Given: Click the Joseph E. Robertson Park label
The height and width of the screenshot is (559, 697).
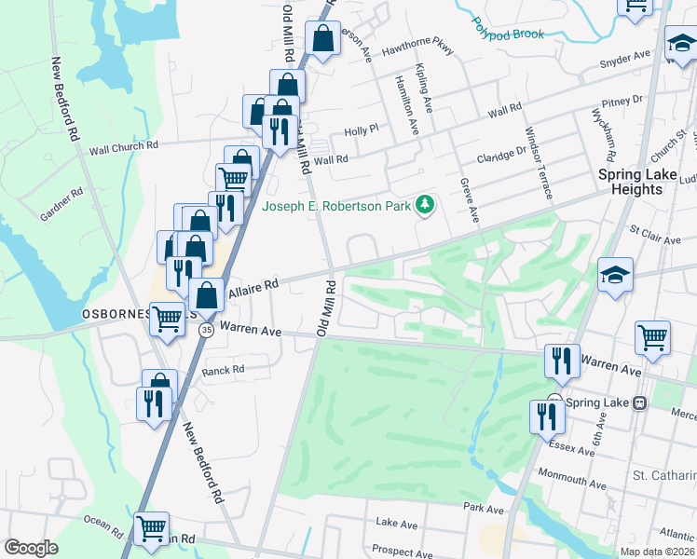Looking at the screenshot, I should click(x=337, y=206).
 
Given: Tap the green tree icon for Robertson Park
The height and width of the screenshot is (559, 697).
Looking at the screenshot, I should click(x=425, y=204).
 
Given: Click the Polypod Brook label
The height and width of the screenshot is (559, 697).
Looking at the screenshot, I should click(x=507, y=27).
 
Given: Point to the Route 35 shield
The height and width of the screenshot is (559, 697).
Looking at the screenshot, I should click(x=206, y=329).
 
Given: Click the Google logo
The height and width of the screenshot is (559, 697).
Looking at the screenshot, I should click(x=31, y=548).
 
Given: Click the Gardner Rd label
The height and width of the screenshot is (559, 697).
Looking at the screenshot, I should click(x=61, y=206).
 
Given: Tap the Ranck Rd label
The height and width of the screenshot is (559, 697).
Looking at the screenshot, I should click(x=223, y=370).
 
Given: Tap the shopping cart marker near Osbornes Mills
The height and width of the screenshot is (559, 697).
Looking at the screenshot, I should click(x=168, y=319).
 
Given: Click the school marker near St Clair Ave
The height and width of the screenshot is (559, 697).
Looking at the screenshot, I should click(x=615, y=274).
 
